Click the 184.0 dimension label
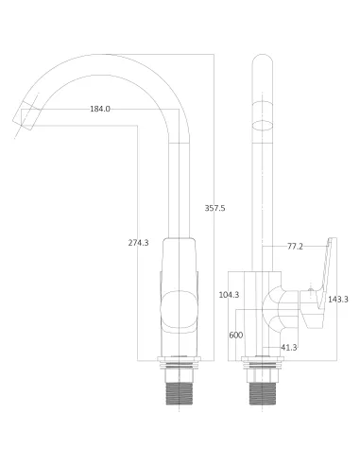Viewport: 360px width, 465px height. tap(100, 109)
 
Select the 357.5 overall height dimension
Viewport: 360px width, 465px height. tap(215, 208)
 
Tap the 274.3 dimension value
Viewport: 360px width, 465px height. tap(139, 243)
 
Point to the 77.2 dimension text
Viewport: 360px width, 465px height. tap(295, 246)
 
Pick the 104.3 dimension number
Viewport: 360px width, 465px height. tap(228, 295)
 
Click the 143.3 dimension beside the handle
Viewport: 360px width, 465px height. tap(338, 300)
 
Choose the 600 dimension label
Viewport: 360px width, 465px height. tap(236, 335)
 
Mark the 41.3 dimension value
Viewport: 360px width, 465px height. tap(289, 348)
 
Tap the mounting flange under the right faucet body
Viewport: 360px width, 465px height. tap(261, 364)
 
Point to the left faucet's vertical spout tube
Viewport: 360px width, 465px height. tap(177, 189)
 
